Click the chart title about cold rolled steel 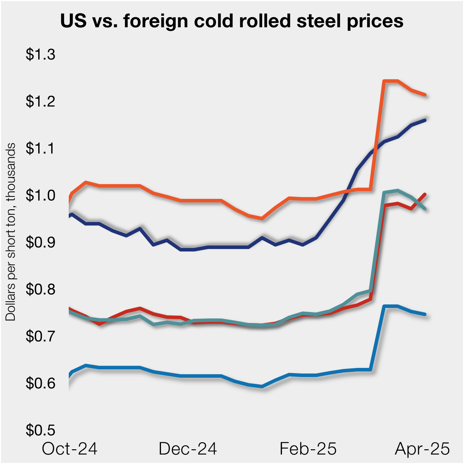[x=231, y=21]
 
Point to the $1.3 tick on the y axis [x=40, y=55]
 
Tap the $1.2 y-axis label [x=40, y=101]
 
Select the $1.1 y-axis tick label [x=40, y=148]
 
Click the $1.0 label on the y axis [x=40, y=195]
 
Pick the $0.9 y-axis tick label [x=40, y=242]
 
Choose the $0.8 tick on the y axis [x=40, y=289]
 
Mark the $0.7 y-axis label [x=40, y=336]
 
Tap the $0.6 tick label [x=40, y=383]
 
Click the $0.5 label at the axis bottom [x=40, y=430]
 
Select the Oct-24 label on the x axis [x=69, y=449]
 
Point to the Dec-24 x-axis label [x=188, y=449]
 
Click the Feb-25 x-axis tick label [x=308, y=449]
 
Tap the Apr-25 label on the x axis [x=422, y=449]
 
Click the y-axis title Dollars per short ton [x=11, y=231]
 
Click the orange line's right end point [x=425, y=95]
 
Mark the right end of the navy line [x=425, y=120]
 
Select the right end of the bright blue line [x=425, y=314]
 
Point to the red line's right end [x=425, y=194]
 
